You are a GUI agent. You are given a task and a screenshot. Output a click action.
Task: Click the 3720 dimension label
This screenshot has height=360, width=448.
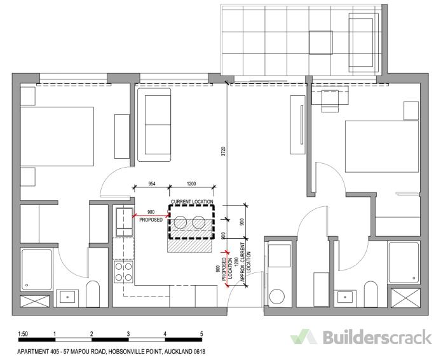click(x=224, y=151)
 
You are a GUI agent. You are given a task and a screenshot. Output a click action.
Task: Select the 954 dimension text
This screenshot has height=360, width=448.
click(x=152, y=184)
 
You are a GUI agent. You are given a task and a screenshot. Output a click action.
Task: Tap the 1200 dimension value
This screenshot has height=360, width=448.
click(x=191, y=184)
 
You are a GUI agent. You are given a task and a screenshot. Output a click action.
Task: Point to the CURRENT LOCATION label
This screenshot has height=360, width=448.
click(x=192, y=202)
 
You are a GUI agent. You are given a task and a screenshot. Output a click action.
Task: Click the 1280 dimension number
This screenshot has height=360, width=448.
click(x=236, y=262)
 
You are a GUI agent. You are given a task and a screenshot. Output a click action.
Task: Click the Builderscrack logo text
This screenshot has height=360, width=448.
click(x=377, y=337)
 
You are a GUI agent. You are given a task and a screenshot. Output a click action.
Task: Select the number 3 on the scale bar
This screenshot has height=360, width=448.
click(x=128, y=334)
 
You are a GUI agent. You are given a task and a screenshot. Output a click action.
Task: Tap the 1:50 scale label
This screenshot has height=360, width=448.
click(x=23, y=334)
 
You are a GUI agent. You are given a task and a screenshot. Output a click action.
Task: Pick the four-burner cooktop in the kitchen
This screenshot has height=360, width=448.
click(x=124, y=272)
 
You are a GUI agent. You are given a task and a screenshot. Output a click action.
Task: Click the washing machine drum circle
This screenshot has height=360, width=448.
click(x=277, y=297)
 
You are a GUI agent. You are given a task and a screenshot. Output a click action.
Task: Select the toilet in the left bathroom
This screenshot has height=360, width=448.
click(x=93, y=294)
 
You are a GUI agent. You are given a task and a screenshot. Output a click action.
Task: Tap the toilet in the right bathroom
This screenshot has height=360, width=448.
click(x=371, y=295)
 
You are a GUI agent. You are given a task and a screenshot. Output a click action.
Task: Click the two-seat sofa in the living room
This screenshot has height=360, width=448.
click(x=154, y=125)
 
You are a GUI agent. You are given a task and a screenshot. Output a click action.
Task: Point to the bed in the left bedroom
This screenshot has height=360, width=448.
click(x=57, y=137)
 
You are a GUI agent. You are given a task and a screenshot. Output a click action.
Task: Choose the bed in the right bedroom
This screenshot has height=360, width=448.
click(x=382, y=147)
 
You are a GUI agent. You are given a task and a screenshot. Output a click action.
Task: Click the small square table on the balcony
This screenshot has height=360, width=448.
click(x=320, y=43)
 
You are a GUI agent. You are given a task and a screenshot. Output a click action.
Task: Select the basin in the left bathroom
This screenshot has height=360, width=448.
click(x=67, y=297)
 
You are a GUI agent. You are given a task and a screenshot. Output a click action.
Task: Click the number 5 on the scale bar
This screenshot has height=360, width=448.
click(x=201, y=334)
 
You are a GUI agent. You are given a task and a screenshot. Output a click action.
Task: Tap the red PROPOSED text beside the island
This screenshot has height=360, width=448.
click(x=151, y=220)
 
